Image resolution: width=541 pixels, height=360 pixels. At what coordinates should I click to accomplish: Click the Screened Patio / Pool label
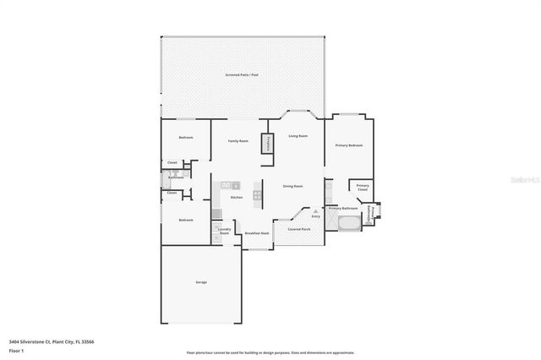(x=243, y=75)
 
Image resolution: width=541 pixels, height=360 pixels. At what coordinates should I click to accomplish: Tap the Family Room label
(x=238, y=141)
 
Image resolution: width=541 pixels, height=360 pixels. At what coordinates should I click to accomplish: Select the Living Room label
(x=298, y=135)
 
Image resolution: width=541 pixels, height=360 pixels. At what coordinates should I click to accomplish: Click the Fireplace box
(x=269, y=143)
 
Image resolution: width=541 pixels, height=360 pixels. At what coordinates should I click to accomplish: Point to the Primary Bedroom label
(x=348, y=145)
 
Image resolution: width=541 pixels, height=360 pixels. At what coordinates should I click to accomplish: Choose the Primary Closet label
(x=362, y=188)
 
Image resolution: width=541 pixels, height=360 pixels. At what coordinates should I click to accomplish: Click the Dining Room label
(x=292, y=186)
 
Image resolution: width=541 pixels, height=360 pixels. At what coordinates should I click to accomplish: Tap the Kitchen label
(x=237, y=198)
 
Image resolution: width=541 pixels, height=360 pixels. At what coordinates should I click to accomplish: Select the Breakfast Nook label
(x=257, y=233)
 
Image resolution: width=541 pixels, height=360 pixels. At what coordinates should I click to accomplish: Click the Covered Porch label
(x=298, y=229)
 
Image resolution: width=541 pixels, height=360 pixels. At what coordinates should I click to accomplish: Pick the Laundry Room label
(x=224, y=230)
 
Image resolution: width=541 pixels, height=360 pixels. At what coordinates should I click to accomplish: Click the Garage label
(x=201, y=282)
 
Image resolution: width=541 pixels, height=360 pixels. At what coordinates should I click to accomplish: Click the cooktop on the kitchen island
(x=257, y=194)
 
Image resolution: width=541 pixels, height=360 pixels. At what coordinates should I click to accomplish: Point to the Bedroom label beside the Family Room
(x=185, y=138)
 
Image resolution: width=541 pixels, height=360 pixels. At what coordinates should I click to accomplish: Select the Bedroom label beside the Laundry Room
(x=185, y=220)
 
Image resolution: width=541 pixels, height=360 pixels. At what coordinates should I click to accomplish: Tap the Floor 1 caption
(x=16, y=350)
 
